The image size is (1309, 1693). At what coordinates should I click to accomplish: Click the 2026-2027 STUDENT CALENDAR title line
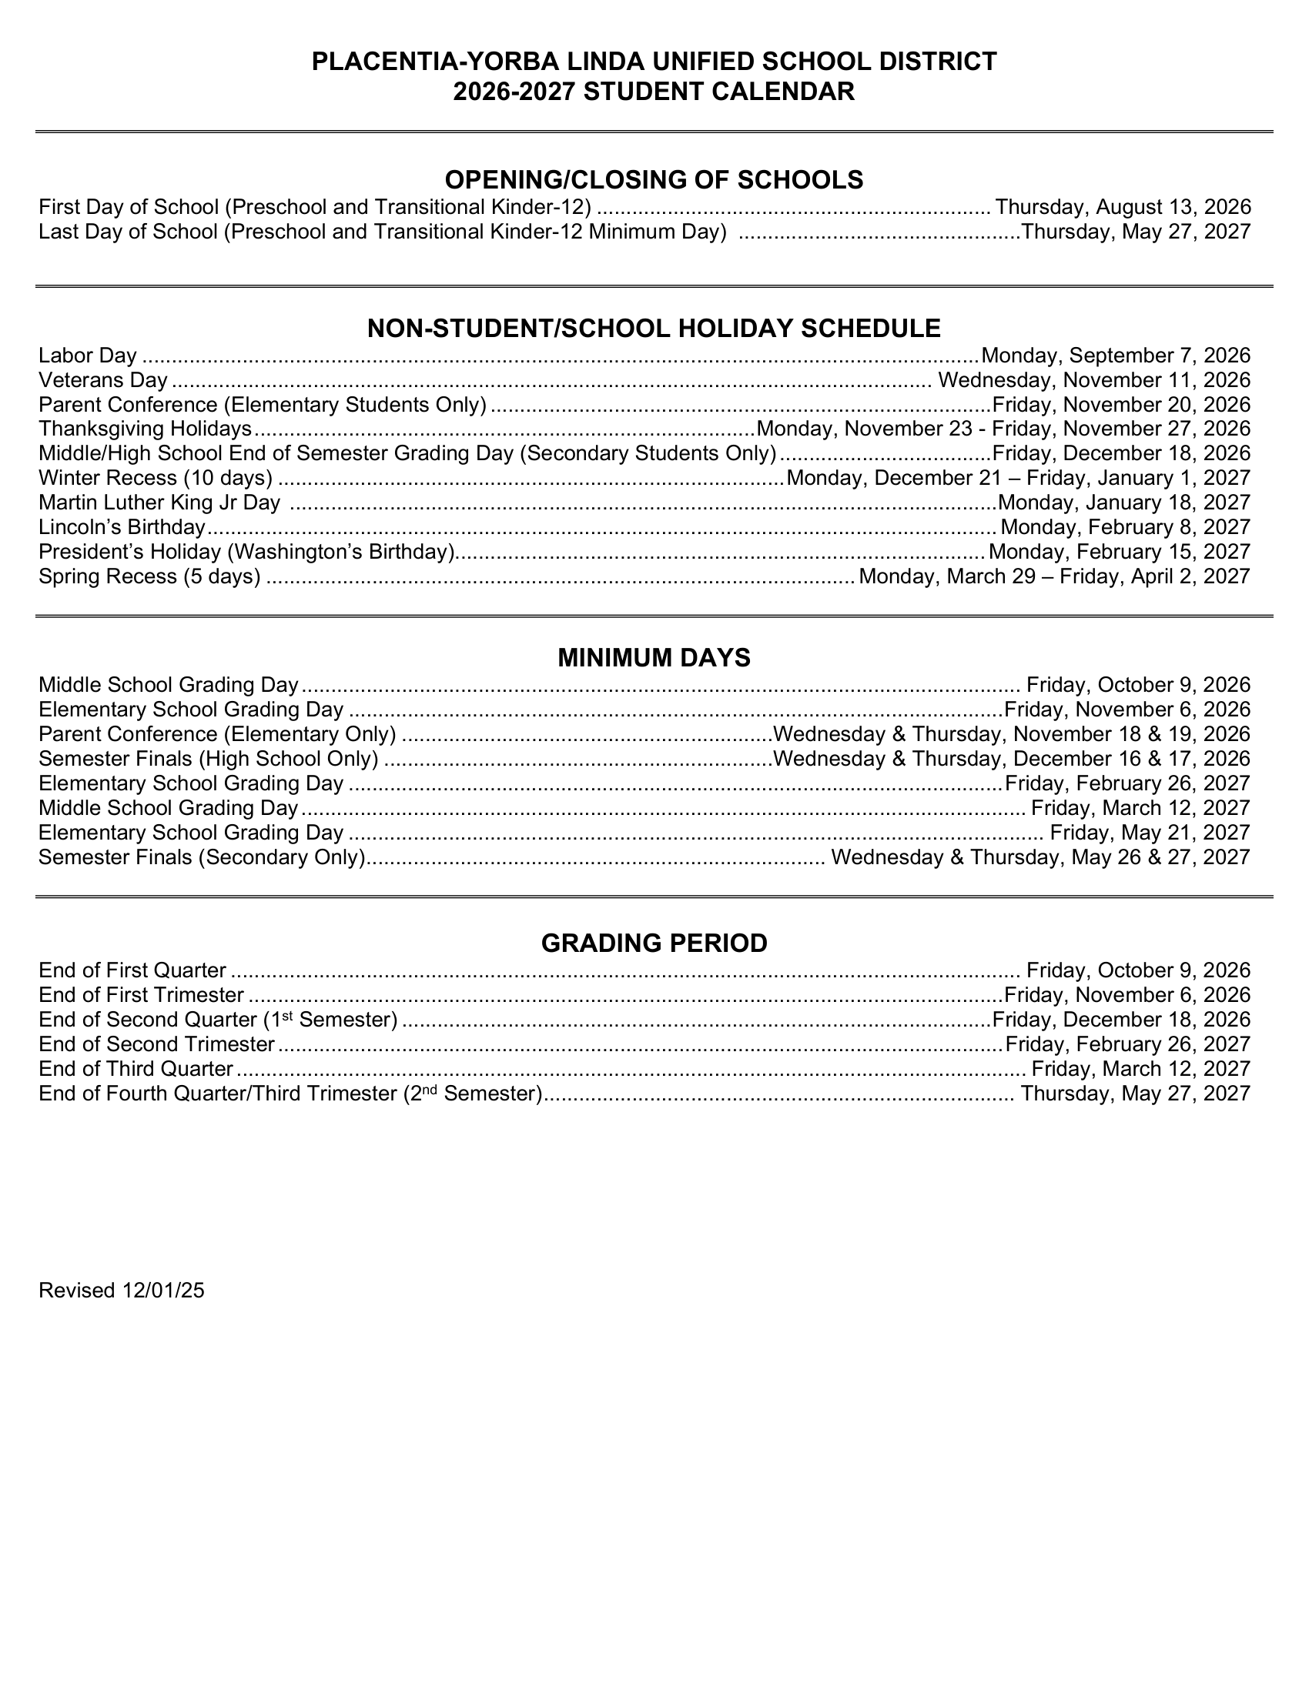click(654, 92)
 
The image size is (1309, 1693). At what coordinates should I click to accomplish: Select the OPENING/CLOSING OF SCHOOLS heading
click(654, 180)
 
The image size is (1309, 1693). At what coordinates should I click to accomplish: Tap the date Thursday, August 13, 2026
click(1123, 207)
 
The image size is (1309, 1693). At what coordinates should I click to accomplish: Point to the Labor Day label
click(88, 356)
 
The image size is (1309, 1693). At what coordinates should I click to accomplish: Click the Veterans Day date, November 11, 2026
click(1094, 380)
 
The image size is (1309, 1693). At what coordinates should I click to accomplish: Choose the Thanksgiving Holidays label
click(145, 429)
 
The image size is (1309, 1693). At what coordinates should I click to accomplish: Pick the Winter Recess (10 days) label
click(155, 478)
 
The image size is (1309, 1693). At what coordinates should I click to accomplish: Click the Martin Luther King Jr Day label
click(159, 503)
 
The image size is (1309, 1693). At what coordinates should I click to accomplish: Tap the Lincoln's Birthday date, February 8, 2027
click(1125, 527)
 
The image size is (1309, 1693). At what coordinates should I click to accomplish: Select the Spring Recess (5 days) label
click(149, 576)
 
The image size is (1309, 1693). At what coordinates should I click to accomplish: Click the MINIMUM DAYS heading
click(654, 658)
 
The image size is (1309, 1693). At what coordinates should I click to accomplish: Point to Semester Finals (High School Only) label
click(208, 758)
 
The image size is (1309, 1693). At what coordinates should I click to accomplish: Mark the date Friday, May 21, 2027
click(1150, 833)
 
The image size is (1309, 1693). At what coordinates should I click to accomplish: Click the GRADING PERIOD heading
click(654, 943)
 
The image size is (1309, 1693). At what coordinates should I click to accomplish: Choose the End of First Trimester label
click(141, 994)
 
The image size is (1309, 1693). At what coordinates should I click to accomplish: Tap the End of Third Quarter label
click(136, 1069)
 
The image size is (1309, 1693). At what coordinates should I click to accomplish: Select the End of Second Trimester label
click(156, 1044)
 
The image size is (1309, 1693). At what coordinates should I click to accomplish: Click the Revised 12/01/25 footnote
click(122, 1290)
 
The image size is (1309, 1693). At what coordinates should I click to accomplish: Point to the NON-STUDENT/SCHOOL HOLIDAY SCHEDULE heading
click(654, 329)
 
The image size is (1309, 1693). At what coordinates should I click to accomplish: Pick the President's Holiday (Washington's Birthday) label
click(246, 552)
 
